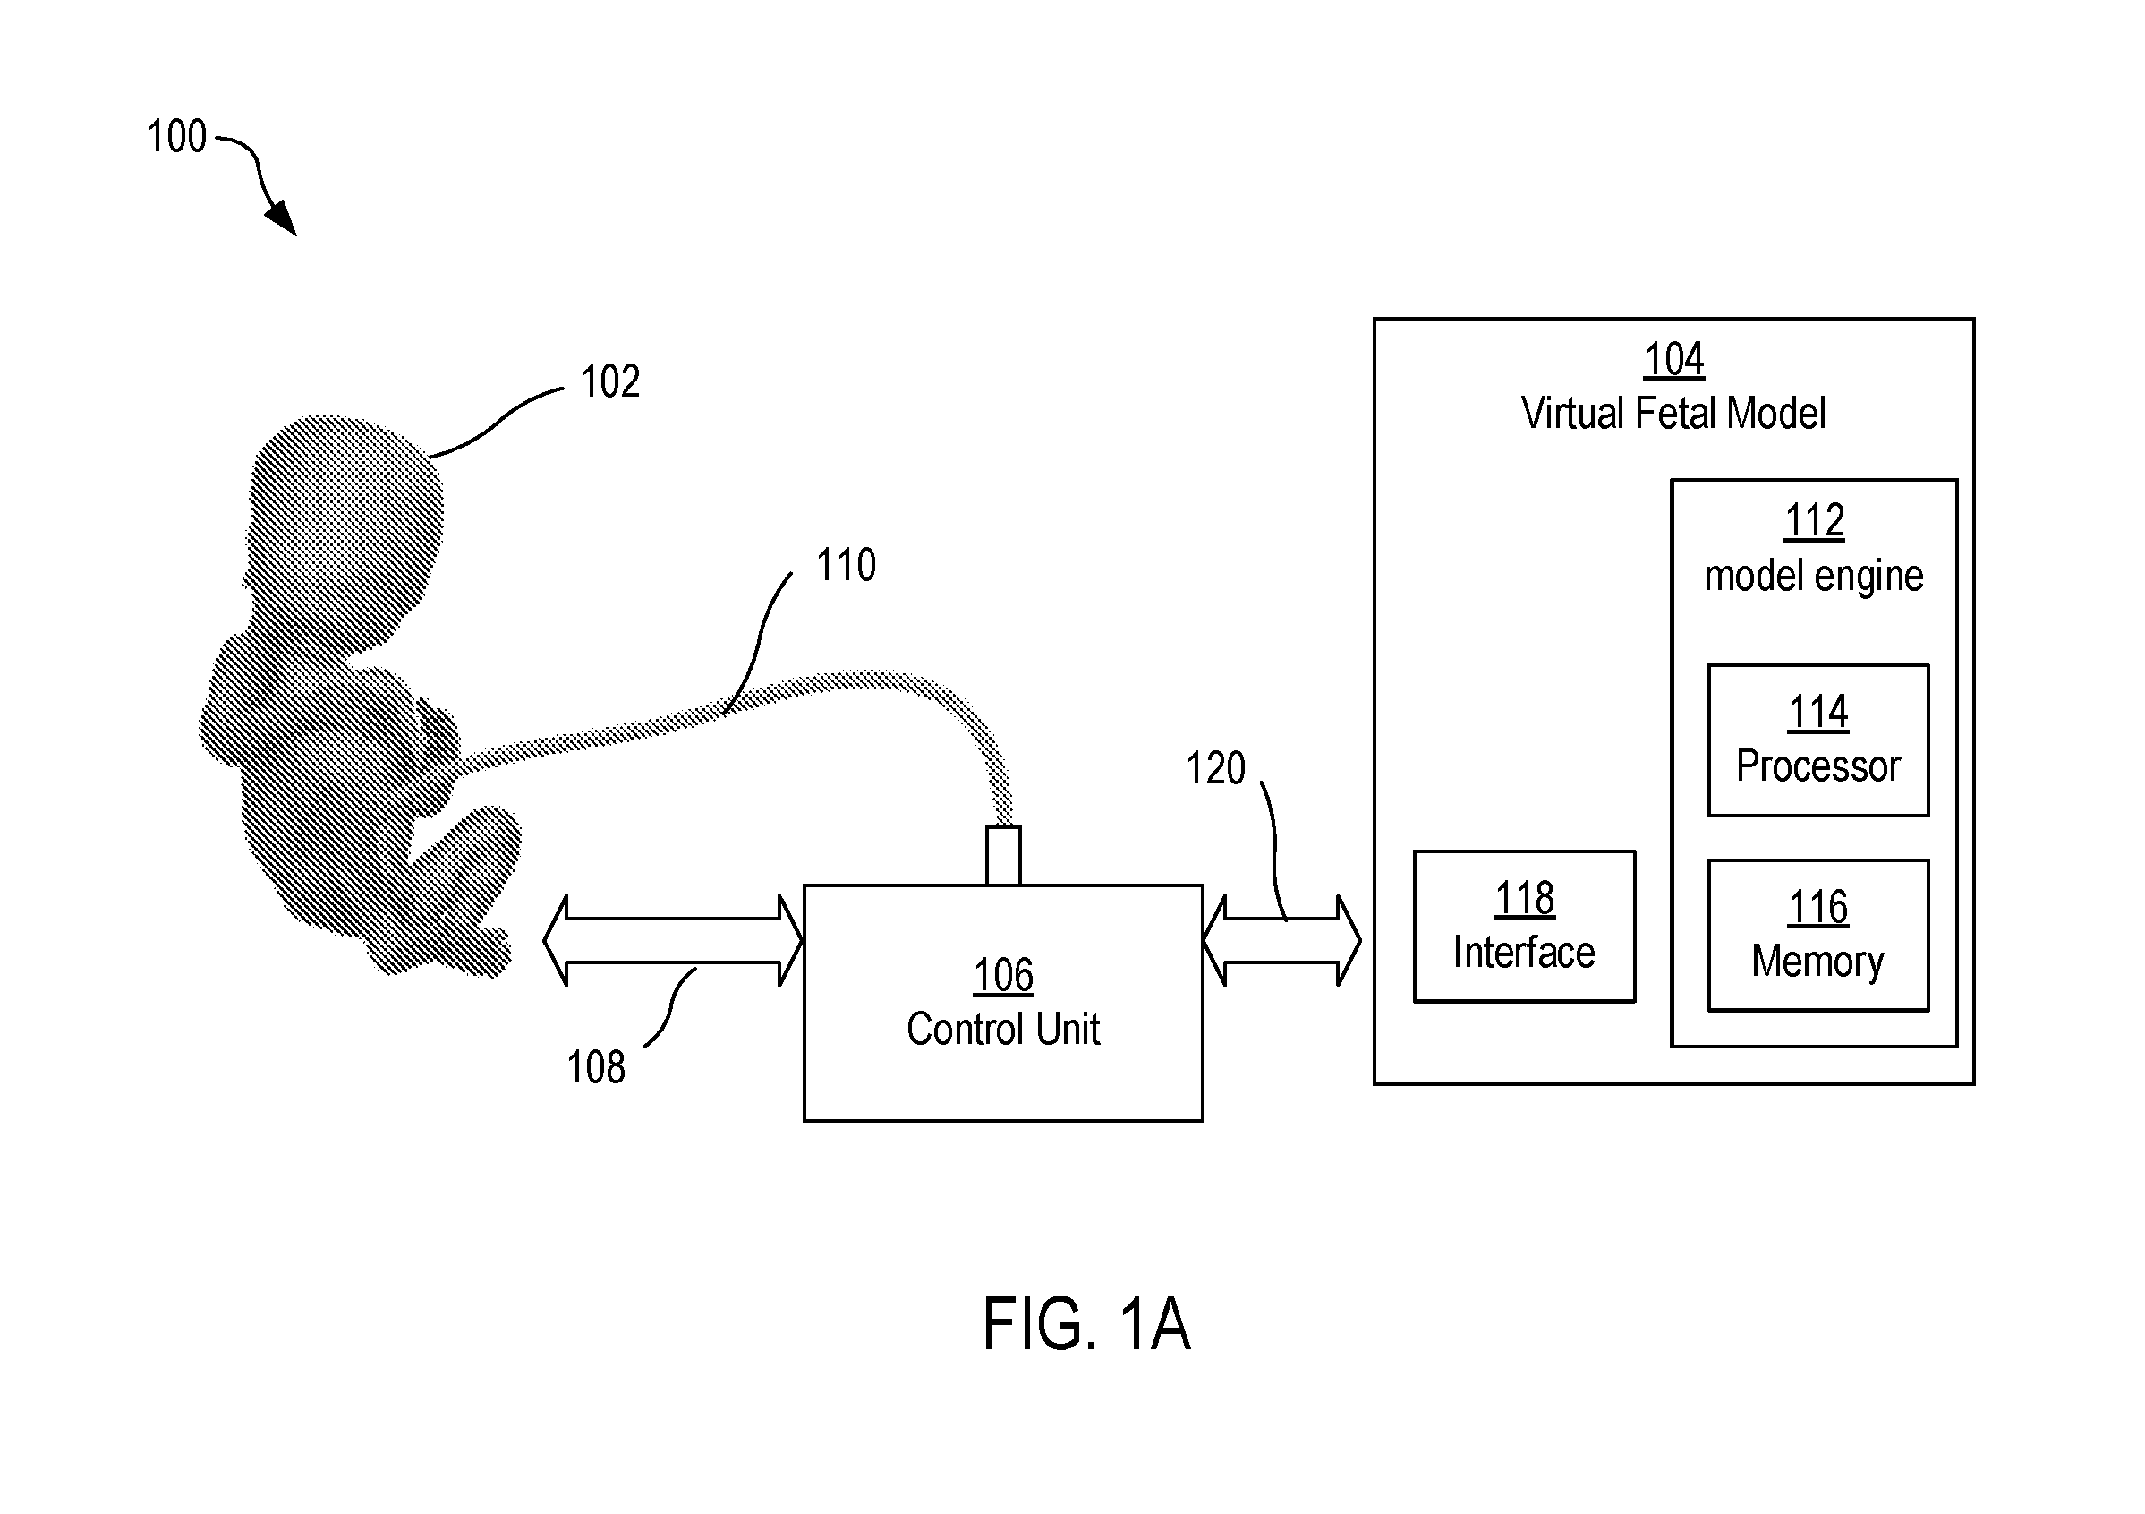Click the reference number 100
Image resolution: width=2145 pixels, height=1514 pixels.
tap(176, 136)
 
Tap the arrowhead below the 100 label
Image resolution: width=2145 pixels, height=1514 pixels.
tap(281, 218)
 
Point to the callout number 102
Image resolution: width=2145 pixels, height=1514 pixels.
tap(610, 381)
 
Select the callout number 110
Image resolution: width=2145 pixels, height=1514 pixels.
tap(847, 566)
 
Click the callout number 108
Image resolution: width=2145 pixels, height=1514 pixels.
tap(596, 1067)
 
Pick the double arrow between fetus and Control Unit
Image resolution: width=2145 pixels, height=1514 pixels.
tap(673, 940)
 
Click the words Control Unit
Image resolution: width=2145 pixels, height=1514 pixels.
tap(1003, 1029)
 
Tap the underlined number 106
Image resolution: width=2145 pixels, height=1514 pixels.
tap(1003, 976)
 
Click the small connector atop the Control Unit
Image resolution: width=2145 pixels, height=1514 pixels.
tap(1003, 855)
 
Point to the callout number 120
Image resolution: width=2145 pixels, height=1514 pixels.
tap(1215, 768)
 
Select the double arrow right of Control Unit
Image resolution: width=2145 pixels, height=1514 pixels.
tap(1281, 940)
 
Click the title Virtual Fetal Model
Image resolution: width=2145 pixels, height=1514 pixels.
tap(1673, 413)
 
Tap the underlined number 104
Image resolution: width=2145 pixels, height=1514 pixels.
tap(1674, 359)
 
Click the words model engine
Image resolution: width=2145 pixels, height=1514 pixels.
tap(1813, 577)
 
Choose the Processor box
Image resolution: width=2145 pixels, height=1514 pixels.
tap(1818, 740)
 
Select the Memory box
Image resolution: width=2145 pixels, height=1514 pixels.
tap(1818, 935)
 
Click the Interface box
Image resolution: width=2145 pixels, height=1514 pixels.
tap(1525, 926)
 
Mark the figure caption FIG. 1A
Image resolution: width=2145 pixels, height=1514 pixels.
tap(1086, 1324)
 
